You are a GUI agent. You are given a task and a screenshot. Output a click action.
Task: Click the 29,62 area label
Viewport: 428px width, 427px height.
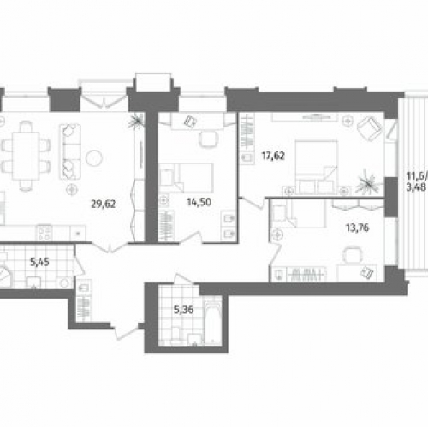[104, 204]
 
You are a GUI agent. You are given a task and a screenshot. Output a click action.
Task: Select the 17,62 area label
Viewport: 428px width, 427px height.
[271, 157]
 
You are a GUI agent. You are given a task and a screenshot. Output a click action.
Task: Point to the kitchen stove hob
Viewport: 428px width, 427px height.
[43, 231]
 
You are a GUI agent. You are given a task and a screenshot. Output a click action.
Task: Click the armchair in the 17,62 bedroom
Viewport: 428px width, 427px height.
[369, 129]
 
